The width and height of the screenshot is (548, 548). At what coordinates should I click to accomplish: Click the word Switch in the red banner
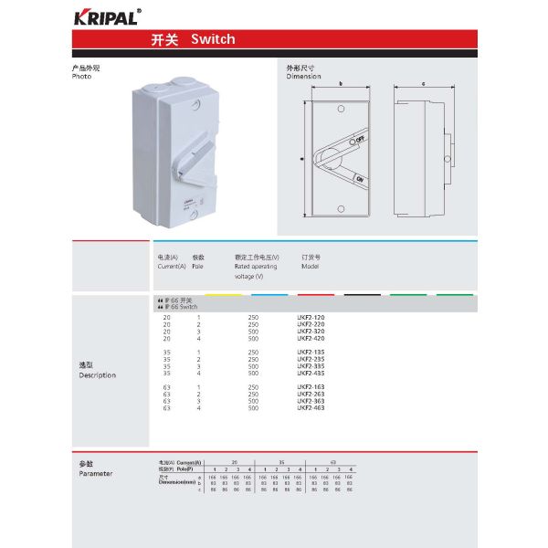pyautogui.click(x=213, y=39)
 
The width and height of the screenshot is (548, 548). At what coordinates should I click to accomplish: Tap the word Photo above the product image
pyautogui.click(x=82, y=77)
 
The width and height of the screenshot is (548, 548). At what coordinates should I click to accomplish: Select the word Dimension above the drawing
pyautogui.click(x=303, y=77)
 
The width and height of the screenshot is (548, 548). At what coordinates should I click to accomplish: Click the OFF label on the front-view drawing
pyautogui.click(x=360, y=138)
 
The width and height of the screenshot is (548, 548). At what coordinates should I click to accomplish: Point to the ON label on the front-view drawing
pyautogui.click(x=360, y=178)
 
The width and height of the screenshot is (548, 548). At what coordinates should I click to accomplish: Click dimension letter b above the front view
pyautogui.click(x=341, y=84)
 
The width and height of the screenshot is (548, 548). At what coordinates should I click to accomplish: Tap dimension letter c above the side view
pyautogui.click(x=424, y=84)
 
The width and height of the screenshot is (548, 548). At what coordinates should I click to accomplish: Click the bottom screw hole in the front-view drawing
pyautogui.click(x=341, y=206)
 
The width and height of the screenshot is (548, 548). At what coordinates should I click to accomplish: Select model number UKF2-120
pyautogui.click(x=311, y=317)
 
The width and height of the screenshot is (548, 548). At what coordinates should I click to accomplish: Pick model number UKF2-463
pyautogui.click(x=311, y=408)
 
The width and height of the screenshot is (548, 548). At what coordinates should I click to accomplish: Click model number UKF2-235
pyautogui.click(x=311, y=359)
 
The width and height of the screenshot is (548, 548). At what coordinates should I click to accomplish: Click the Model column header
pyautogui.click(x=311, y=267)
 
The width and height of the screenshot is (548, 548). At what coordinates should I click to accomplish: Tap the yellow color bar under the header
pyautogui.click(x=224, y=294)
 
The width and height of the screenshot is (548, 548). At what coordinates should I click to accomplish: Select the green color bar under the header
pyautogui.click(x=408, y=294)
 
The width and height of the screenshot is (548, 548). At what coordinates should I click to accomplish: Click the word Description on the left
pyautogui.click(x=98, y=375)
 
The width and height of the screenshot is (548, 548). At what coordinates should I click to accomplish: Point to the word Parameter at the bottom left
pyautogui.click(x=96, y=474)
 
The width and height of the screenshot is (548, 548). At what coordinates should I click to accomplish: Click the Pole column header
pyautogui.click(x=198, y=267)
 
